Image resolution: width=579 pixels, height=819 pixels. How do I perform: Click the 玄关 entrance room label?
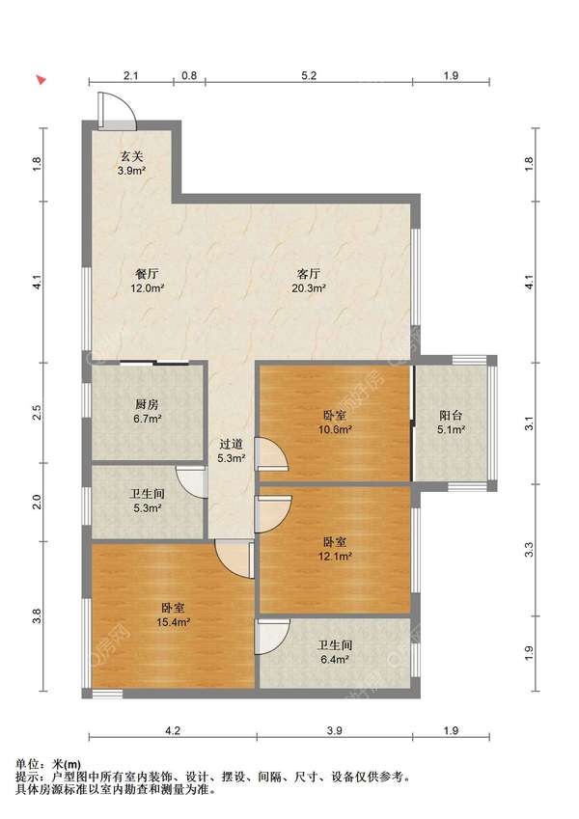click(131, 156)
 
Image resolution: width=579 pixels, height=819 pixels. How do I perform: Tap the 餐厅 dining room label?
click(147, 273)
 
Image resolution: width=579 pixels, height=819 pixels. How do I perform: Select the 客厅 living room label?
click(308, 273)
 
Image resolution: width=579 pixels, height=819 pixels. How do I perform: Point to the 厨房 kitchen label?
click(147, 404)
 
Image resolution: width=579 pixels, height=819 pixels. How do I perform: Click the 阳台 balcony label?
click(451, 416)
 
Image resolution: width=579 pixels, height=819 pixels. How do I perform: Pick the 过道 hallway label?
click(231, 445)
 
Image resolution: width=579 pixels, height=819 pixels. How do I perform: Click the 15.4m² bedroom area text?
click(173, 622)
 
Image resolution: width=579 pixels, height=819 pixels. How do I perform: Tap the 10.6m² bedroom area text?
click(335, 430)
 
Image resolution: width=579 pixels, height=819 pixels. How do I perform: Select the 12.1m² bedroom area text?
click(335, 557)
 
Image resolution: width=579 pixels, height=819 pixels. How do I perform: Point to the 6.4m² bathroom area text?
click(335, 660)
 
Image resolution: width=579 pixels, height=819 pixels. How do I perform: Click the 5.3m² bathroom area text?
click(147, 507)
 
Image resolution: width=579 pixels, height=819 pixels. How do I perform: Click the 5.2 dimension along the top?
click(309, 75)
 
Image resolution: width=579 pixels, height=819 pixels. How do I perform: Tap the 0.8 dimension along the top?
click(189, 75)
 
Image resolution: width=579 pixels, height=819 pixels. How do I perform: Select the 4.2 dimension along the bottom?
click(173, 730)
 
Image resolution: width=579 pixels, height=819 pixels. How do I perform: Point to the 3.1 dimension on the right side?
click(529, 423)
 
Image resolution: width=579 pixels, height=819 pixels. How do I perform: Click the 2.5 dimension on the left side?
click(37, 413)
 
